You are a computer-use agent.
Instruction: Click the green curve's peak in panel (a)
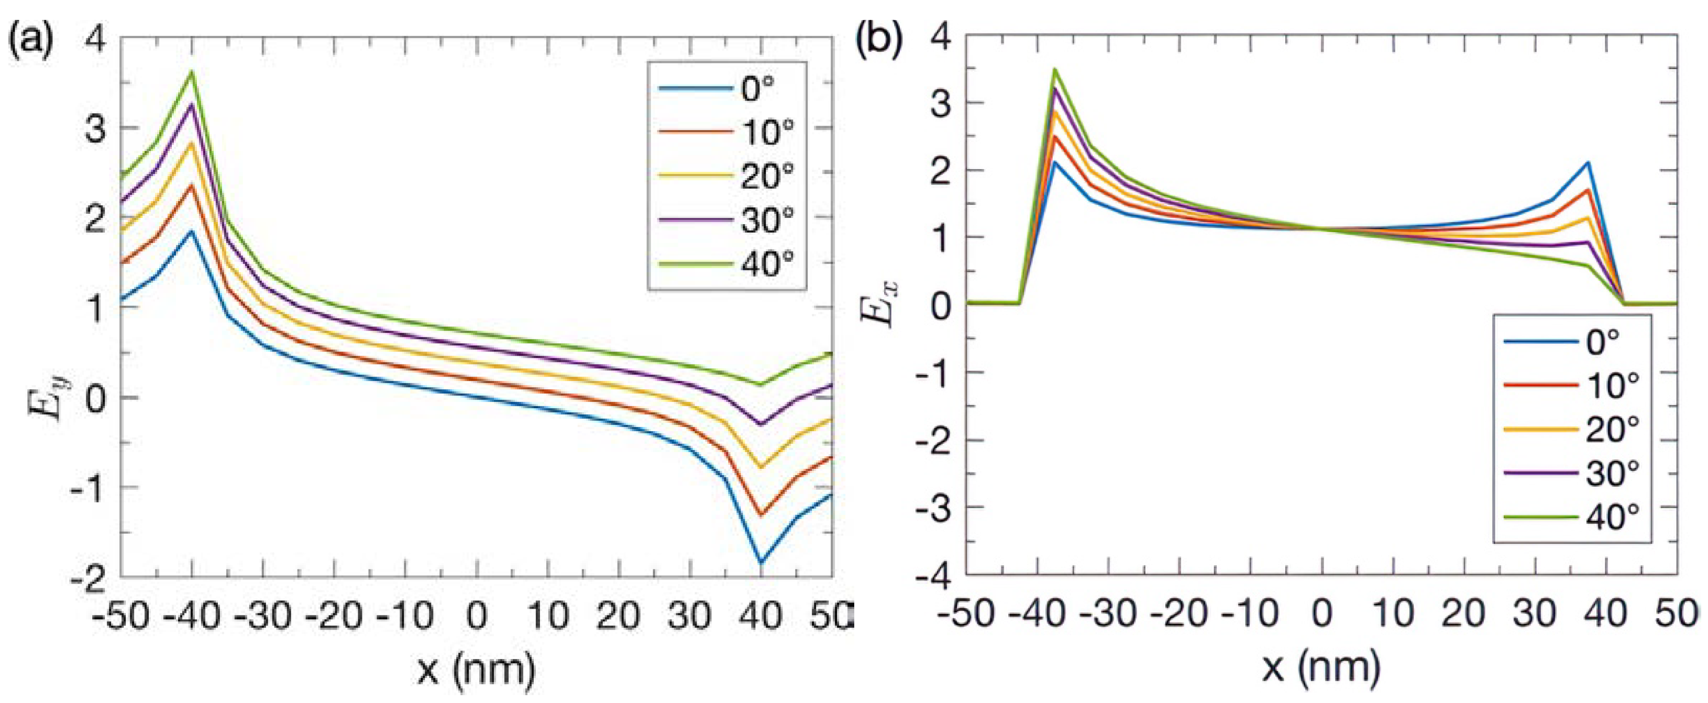(x=192, y=71)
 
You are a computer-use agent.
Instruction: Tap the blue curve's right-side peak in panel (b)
(x=1589, y=162)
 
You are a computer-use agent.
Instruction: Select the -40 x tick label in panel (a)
(x=193, y=617)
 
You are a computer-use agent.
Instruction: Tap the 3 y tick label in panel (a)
(x=97, y=127)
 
